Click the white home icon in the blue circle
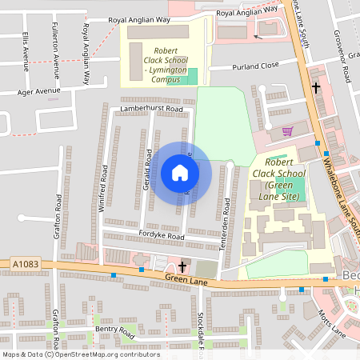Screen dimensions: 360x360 point(179,172)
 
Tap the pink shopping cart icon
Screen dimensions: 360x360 point(288,131)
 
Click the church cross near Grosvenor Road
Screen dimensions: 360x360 point(316,87)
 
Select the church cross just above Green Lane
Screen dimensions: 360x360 point(182,266)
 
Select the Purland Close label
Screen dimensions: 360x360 point(255,66)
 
